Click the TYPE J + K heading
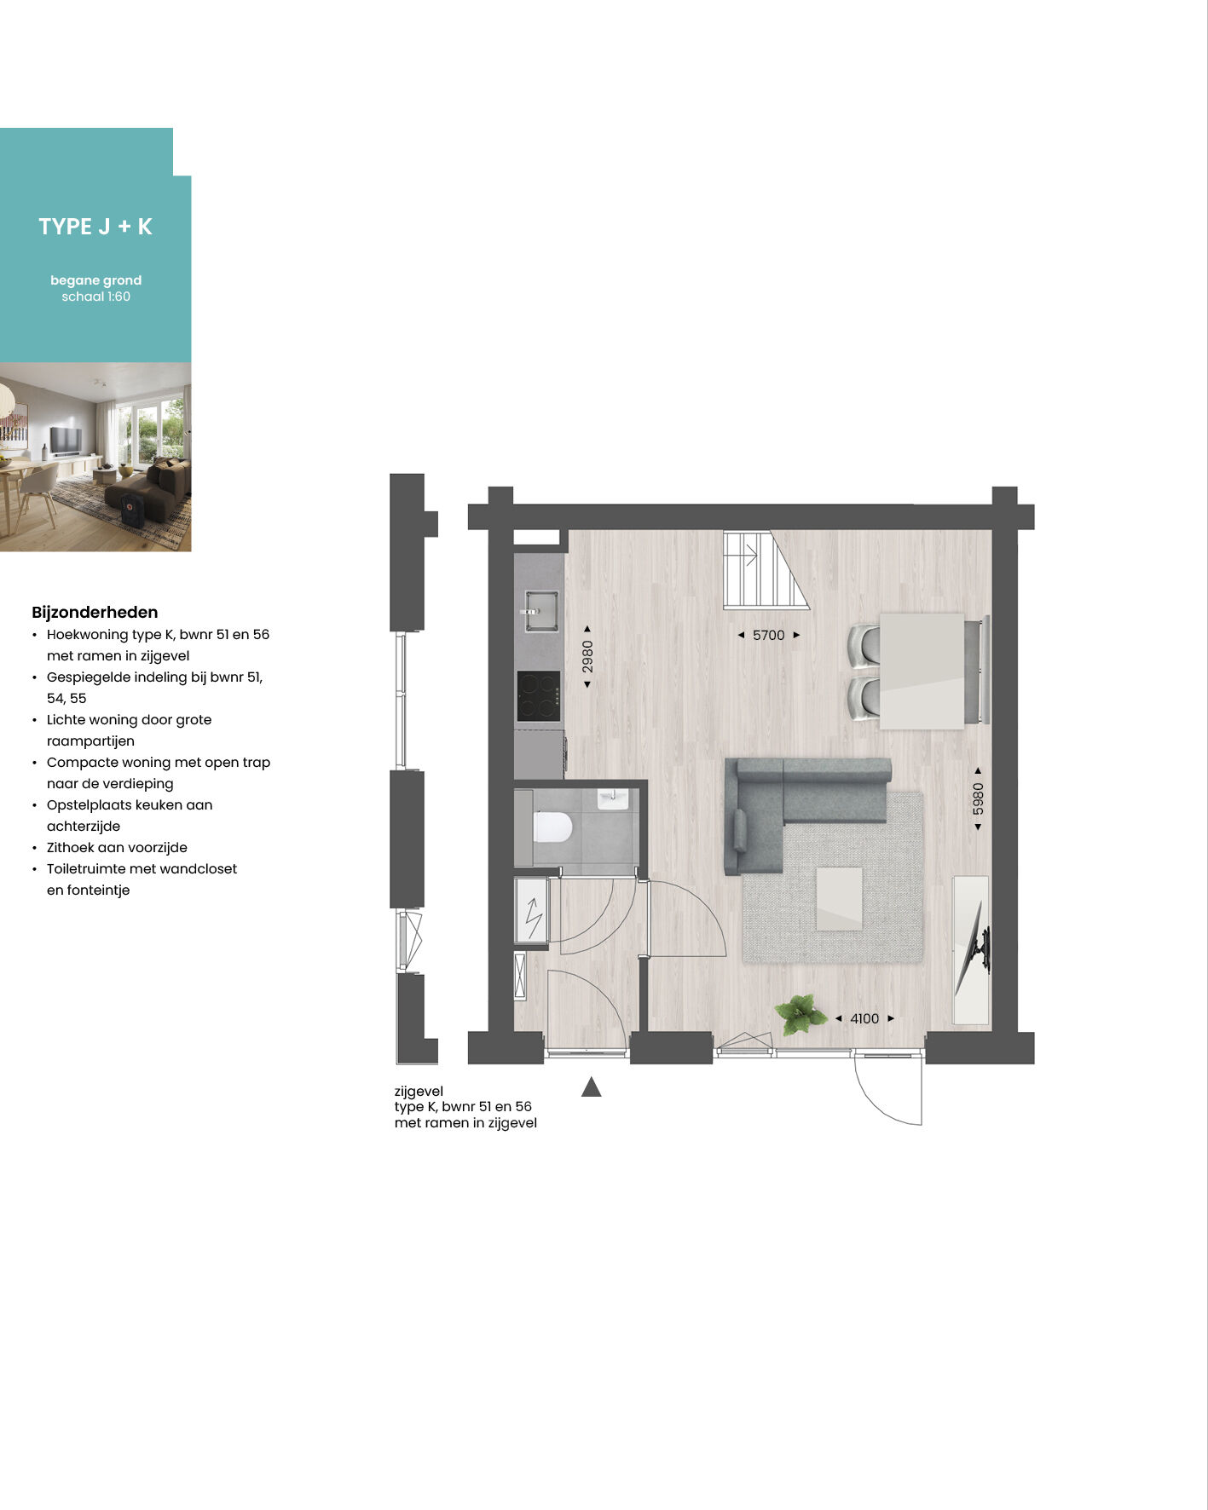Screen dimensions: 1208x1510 tap(95, 227)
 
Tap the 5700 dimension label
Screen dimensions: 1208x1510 tap(768, 635)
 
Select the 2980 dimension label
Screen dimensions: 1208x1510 tap(587, 656)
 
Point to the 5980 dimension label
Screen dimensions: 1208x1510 tap(978, 798)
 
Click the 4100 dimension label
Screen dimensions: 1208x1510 tap(864, 1018)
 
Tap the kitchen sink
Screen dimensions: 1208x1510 tap(540, 611)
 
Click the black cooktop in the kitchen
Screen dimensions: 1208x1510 tap(539, 696)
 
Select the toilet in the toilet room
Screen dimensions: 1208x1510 tap(552, 827)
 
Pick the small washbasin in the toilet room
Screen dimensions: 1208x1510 tap(613, 798)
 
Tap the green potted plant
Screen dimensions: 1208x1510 tap(800, 1014)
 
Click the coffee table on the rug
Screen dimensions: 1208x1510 tap(839, 899)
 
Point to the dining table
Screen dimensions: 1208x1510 tap(922, 671)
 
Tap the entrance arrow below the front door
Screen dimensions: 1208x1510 tap(592, 1087)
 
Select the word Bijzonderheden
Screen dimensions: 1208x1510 tap(95, 612)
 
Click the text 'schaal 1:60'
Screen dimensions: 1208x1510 tap(96, 297)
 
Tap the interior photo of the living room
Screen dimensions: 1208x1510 tap(95, 457)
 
